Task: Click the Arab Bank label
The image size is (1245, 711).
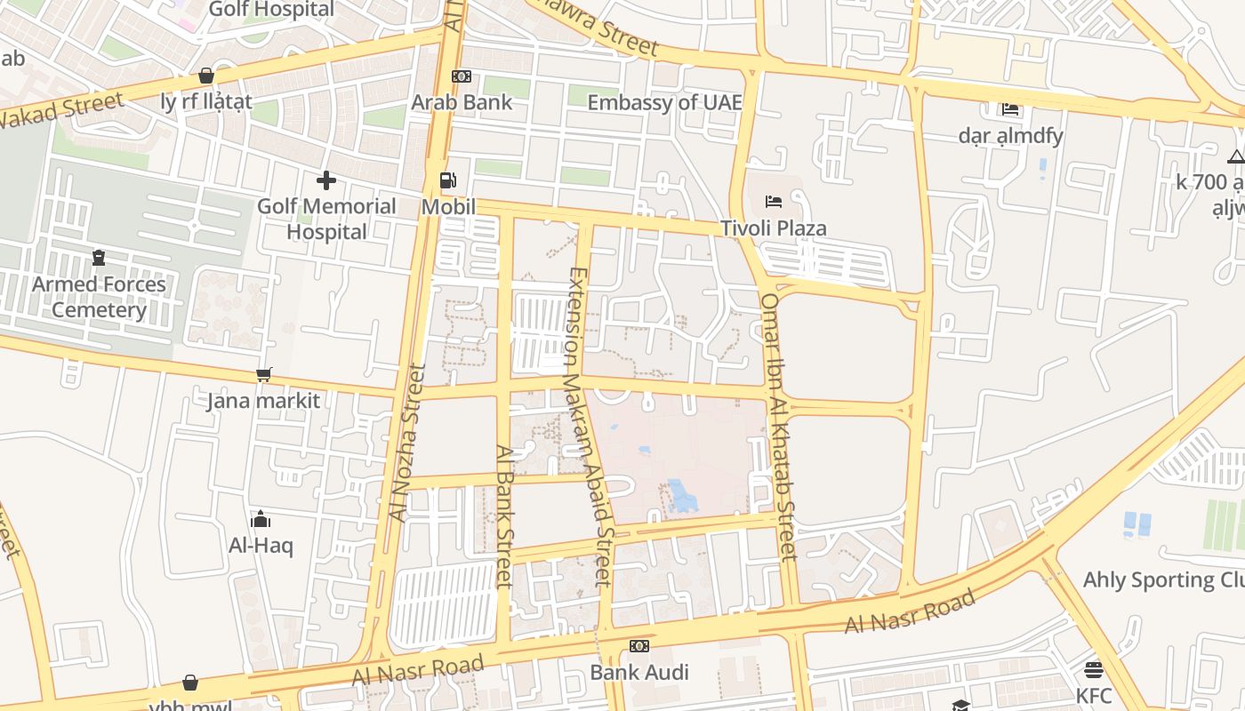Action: (462, 102)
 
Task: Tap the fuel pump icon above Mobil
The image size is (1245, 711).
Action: (448, 180)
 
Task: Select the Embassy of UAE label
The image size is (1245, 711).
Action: (664, 102)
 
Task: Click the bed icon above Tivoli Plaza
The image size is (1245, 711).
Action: (774, 202)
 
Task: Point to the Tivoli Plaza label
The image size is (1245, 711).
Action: (774, 228)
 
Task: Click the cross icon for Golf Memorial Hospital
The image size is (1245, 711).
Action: (326, 181)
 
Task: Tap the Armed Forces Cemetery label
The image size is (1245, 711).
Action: (99, 297)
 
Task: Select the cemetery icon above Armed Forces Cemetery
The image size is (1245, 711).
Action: (99, 258)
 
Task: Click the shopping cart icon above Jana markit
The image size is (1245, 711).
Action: (263, 375)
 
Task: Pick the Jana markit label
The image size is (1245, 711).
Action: (263, 401)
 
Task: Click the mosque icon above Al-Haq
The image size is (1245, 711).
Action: (261, 519)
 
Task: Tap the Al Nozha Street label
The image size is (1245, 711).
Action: (407, 442)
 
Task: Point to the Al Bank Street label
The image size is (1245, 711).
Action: (504, 515)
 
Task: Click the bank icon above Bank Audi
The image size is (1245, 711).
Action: (639, 646)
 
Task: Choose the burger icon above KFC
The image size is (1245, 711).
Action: (1094, 669)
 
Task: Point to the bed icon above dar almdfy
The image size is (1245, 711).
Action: (1010, 109)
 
